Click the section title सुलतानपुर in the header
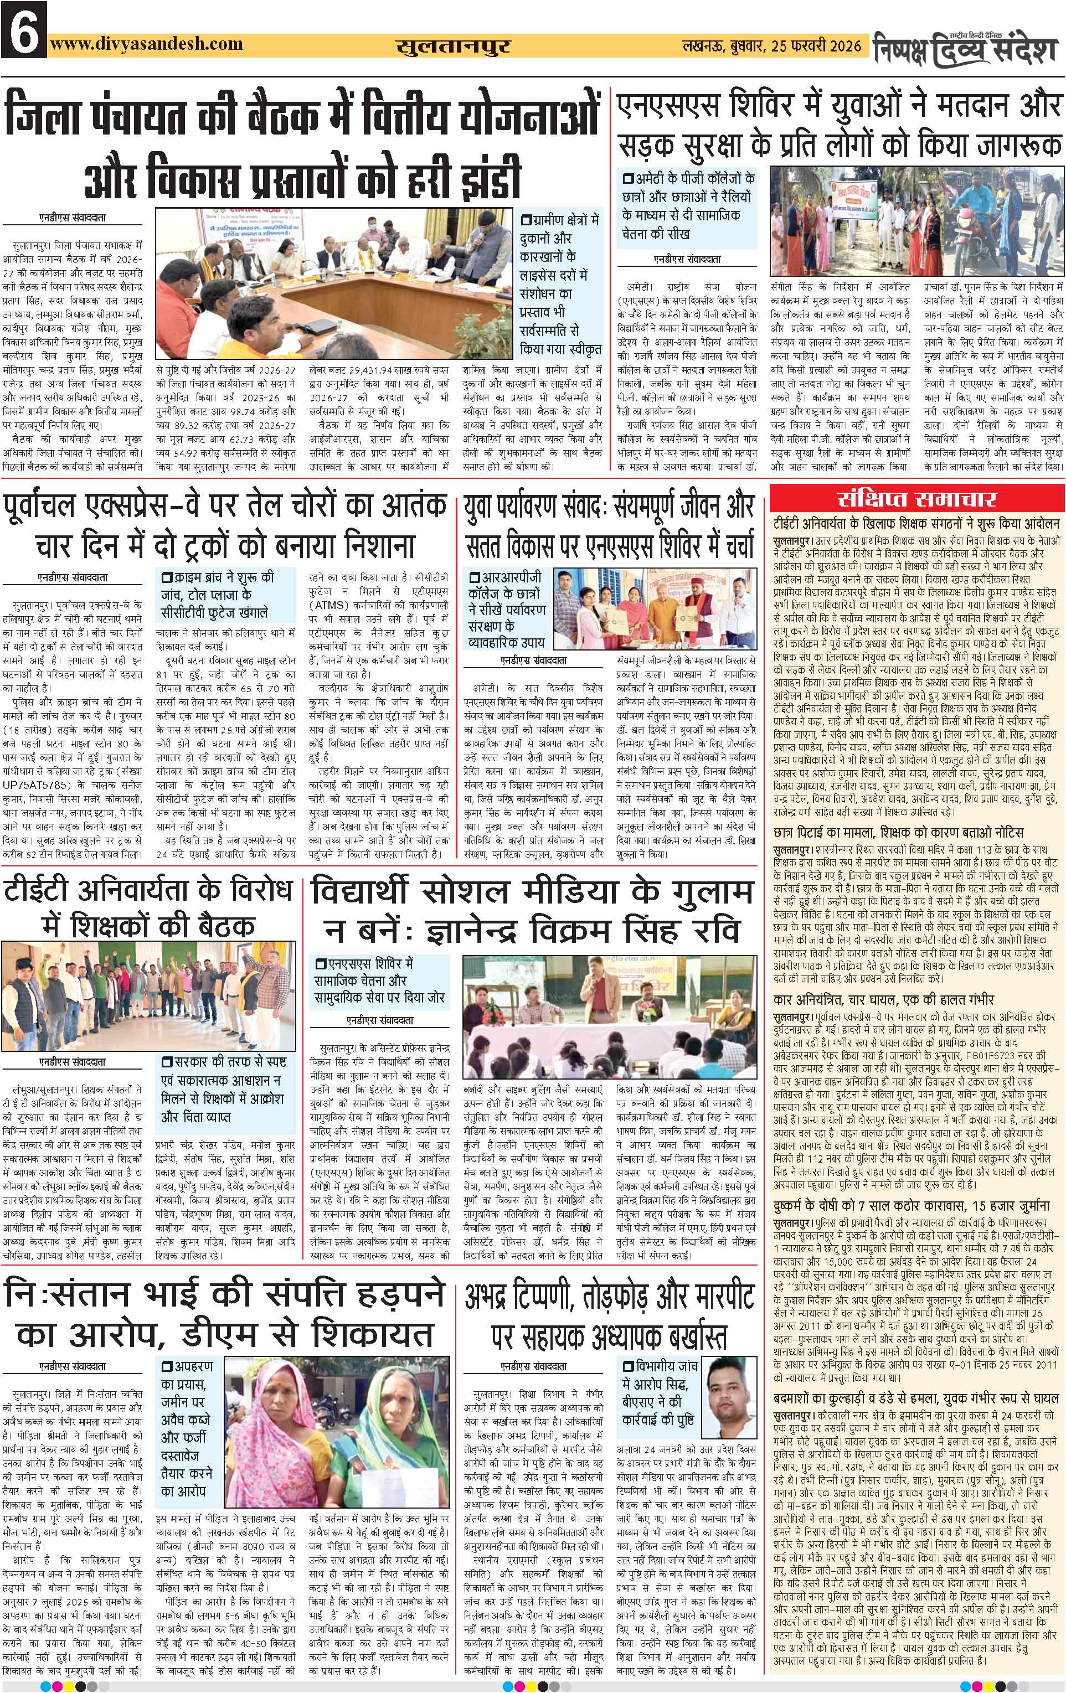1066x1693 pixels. coord(453,47)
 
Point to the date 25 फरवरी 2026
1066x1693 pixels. coord(816,47)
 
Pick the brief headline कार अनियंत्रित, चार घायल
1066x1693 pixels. coord(883,999)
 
